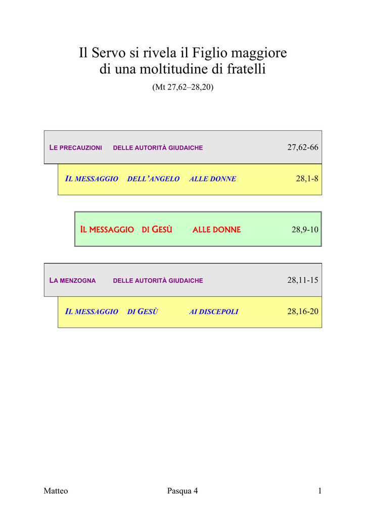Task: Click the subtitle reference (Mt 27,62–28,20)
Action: tap(183, 87)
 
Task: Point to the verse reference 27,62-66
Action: tap(303, 147)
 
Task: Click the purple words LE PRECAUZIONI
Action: tap(76, 148)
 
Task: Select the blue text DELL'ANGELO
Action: tap(153, 179)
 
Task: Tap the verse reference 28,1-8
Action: tap(307, 179)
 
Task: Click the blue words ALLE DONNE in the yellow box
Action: tap(212, 179)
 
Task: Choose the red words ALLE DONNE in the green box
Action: tap(216, 230)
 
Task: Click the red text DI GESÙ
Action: tap(157, 229)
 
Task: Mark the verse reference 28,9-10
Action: tap(305, 230)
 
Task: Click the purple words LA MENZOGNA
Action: tap(72, 280)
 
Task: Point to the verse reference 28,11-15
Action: tap(303, 280)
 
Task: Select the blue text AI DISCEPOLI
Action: tap(213, 312)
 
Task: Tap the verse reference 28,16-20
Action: tap(303, 311)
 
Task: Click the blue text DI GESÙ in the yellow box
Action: tap(143, 312)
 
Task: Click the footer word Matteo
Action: tap(56, 491)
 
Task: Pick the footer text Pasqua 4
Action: tap(182, 491)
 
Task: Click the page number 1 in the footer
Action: tap(320, 491)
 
